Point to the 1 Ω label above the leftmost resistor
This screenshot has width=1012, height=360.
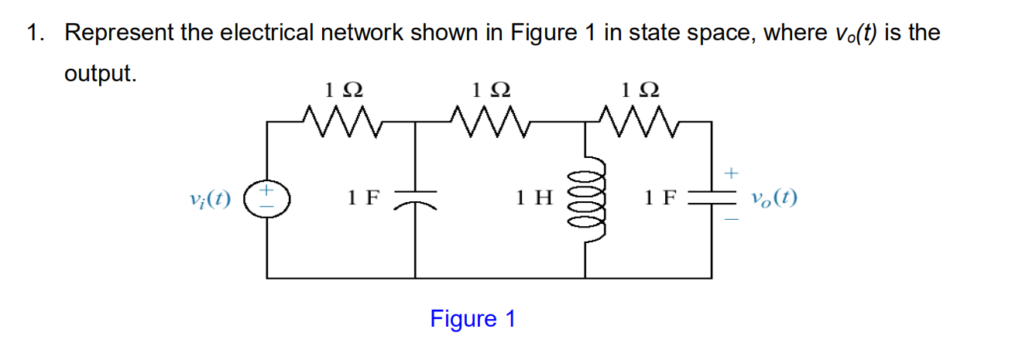pyautogui.click(x=342, y=90)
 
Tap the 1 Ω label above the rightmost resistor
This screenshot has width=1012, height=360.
pyautogui.click(x=639, y=90)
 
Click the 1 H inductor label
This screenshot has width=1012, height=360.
pyautogui.click(x=534, y=198)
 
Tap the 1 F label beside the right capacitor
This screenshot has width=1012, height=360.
pyautogui.click(x=660, y=198)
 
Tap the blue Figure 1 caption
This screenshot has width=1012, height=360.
pyautogui.click(x=472, y=318)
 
